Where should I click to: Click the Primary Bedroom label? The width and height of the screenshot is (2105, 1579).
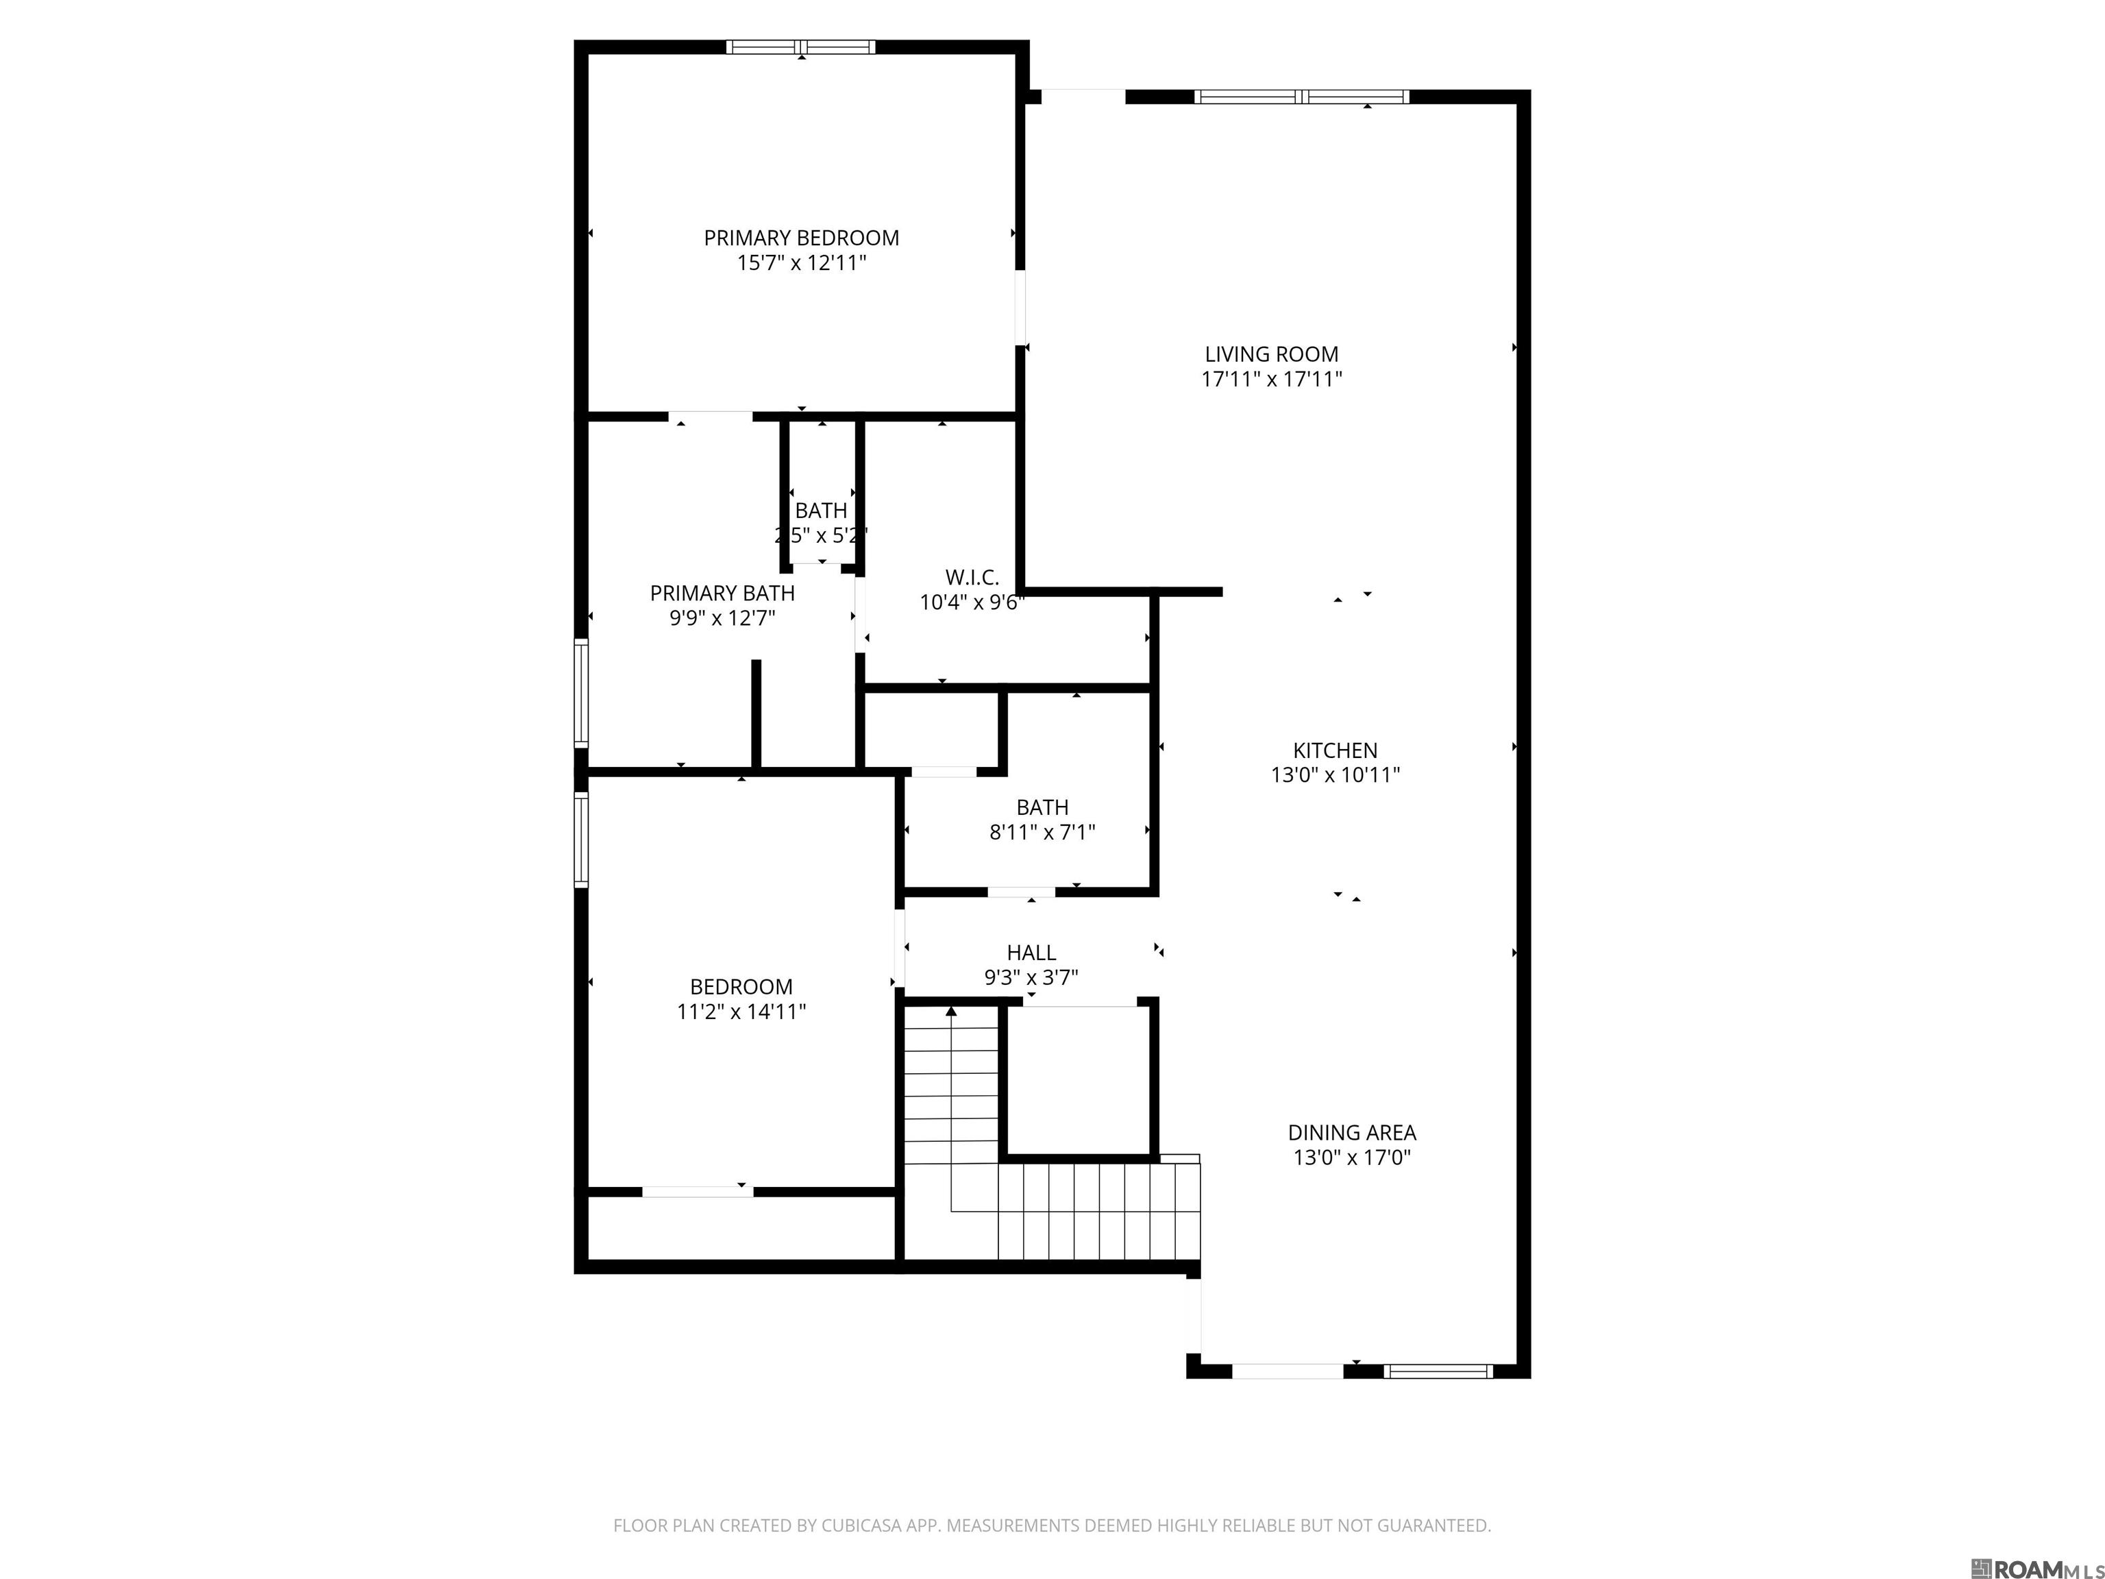click(x=801, y=238)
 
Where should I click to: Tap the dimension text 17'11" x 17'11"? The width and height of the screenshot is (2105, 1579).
click(x=1271, y=379)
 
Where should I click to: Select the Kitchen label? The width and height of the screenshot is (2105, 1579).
click(x=1335, y=750)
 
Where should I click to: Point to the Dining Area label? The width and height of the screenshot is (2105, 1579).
click(x=1351, y=1133)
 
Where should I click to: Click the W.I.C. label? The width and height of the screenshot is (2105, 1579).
click(x=972, y=578)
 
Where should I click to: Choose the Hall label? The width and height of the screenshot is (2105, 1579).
click(x=1031, y=953)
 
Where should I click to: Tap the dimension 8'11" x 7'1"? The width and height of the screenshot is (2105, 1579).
click(x=1042, y=833)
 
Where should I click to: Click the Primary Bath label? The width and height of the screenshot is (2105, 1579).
click(x=722, y=593)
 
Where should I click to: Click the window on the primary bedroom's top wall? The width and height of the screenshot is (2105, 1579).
click(x=800, y=47)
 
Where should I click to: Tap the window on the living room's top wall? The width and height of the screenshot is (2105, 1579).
click(x=1301, y=96)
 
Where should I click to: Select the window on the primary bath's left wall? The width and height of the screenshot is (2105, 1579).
click(x=580, y=692)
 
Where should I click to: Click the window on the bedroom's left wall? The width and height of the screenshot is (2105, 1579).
click(x=580, y=840)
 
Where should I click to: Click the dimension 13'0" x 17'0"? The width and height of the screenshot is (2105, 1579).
click(x=1351, y=1158)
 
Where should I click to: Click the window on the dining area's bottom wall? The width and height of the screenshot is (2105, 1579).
click(x=1438, y=1371)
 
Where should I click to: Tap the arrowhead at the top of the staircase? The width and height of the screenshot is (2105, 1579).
click(x=950, y=1012)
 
